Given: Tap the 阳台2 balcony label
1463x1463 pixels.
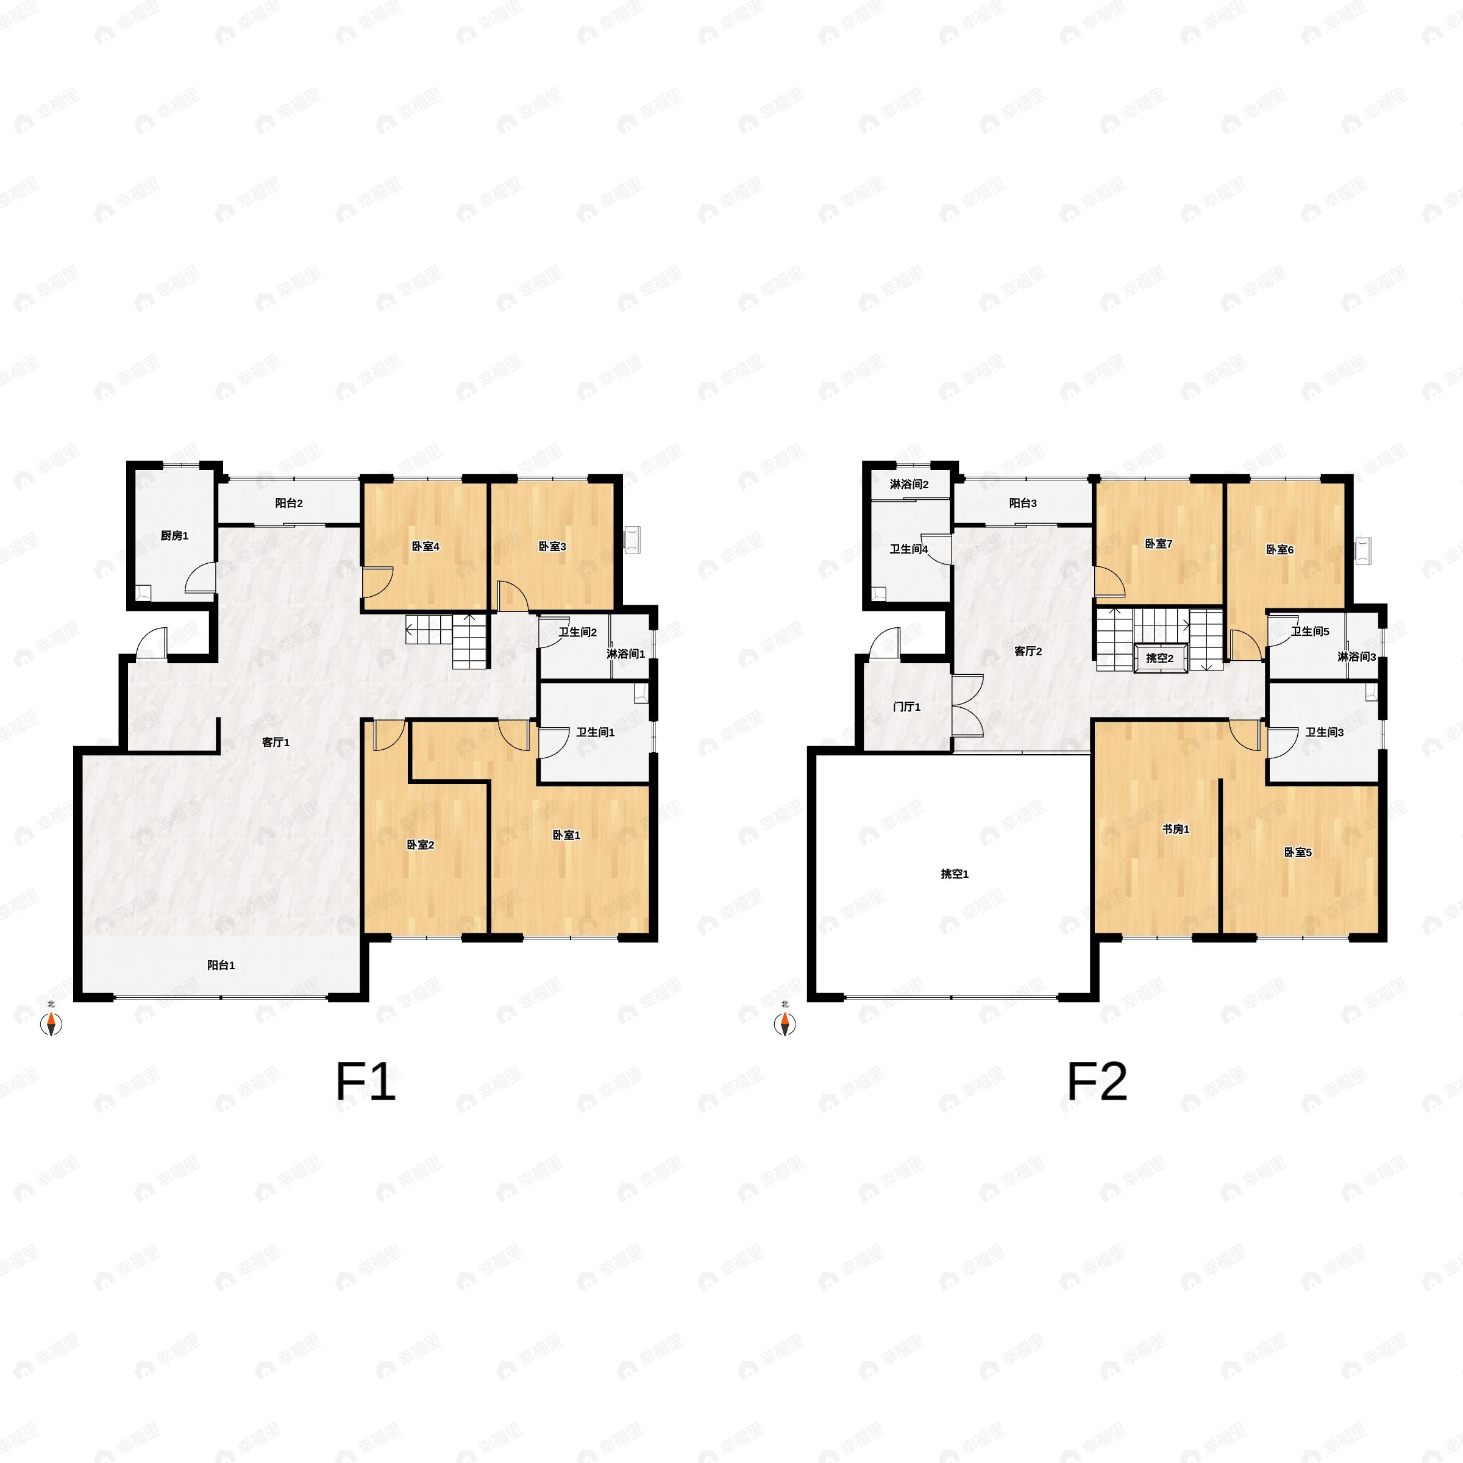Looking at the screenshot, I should (x=288, y=503).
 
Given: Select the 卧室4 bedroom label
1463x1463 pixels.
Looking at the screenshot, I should (x=425, y=546).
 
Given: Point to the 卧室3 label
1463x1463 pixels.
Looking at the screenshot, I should (x=553, y=546).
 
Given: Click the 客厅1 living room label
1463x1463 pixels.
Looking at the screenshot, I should (x=276, y=742).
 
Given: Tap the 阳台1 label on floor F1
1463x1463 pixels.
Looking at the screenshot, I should (x=221, y=965).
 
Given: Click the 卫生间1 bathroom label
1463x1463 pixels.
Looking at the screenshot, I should (x=595, y=732).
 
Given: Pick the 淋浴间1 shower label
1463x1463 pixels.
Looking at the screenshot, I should (x=625, y=653).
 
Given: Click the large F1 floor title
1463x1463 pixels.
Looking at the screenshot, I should (x=366, y=1082).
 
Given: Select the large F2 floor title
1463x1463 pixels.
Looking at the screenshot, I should (x=1097, y=1082).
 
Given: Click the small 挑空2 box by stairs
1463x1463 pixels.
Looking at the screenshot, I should (x=1159, y=658).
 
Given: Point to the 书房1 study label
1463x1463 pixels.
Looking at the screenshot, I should (x=1176, y=829).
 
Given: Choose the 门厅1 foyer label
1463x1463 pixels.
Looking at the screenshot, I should (x=907, y=707).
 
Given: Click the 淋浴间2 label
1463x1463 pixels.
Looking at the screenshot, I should (x=909, y=485).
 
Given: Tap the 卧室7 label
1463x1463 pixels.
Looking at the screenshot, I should (x=1159, y=544).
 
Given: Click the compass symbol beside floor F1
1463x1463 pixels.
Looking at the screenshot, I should (x=51, y=1025).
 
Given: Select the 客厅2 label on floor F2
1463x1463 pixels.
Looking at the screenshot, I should (x=1028, y=651).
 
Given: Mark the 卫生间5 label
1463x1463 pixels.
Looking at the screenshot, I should (x=1310, y=632).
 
